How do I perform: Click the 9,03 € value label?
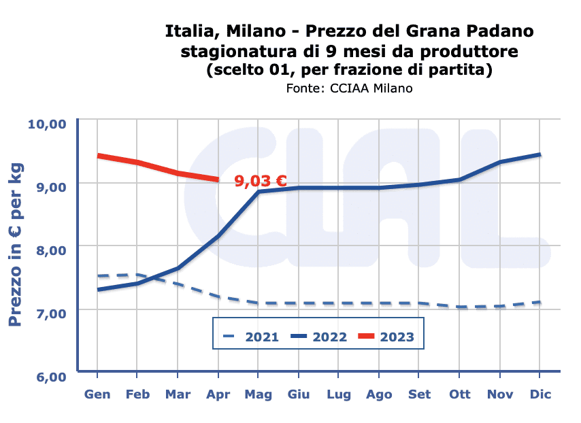tap(261, 182)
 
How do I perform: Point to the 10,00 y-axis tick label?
tap(46, 124)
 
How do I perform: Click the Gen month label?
tap(97, 394)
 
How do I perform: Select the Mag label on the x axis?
tap(259, 394)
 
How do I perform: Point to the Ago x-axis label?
tap(379, 394)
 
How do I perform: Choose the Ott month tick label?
tap(459, 394)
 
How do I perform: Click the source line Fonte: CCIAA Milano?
tap(349, 88)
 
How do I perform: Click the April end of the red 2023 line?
tap(218, 180)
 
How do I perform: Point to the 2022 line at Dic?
tap(539, 155)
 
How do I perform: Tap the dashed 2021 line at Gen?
tap(98, 276)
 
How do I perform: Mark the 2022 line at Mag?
tap(259, 192)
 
